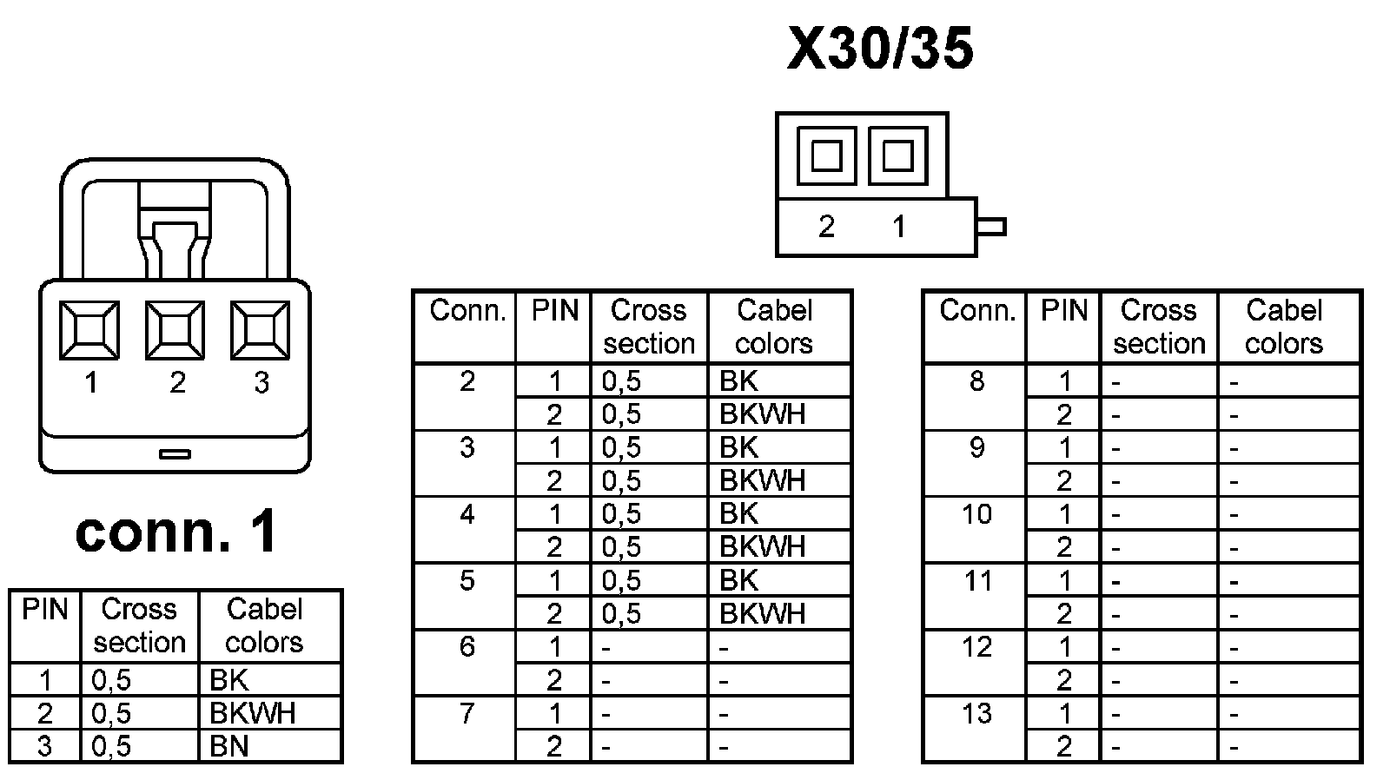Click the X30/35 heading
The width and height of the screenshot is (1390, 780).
click(879, 49)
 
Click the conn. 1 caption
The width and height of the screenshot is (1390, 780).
click(176, 532)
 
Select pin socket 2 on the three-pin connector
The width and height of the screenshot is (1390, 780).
click(175, 330)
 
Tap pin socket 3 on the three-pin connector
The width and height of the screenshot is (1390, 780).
click(260, 330)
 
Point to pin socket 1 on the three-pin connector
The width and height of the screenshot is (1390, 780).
click(89, 330)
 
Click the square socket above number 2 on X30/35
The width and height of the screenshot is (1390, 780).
click(826, 156)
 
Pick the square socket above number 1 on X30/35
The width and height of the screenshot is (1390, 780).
click(897, 156)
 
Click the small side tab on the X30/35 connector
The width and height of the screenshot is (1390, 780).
click(991, 228)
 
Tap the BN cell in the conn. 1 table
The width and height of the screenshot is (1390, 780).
click(229, 746)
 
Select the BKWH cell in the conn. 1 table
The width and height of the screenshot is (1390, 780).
click(252, 713)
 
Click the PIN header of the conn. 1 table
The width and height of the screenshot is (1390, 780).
click(44, 610)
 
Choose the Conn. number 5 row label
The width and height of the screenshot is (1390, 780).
click(467, 580)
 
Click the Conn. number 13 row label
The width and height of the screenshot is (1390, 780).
click(976, 713)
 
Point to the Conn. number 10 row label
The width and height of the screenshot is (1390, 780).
click(976, 514)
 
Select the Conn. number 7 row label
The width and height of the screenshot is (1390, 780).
click(467, 713)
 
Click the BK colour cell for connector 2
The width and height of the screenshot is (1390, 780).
click(738, 380)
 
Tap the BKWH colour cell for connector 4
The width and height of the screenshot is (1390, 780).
click(762, 547)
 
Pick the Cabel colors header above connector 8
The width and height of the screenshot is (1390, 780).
click(1283, 327)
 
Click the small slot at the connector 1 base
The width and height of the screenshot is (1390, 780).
click(175, 453)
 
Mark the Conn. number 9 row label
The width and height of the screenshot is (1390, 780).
click(976, 447)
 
